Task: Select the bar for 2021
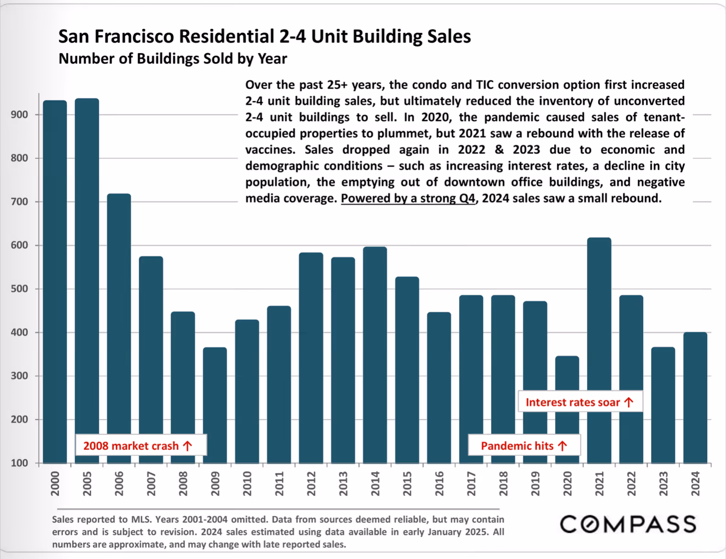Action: (599, 350)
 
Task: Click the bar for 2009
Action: (215, 405)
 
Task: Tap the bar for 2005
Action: (87, 281)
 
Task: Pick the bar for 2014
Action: (375, 355)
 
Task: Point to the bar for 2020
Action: (567, 410)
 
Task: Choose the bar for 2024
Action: (695, 398)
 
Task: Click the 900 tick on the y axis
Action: (19, 115)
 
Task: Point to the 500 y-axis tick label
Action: (19, 289)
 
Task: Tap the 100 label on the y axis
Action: (19, 463)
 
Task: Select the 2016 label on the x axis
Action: (439, 484)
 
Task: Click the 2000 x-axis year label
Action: (55, 484)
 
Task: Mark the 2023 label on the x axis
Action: (663, 484)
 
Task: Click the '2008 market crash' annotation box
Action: (141, 445)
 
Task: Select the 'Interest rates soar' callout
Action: (580, 402)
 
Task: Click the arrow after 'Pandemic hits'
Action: (563, 446)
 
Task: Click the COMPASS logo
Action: (628, 524)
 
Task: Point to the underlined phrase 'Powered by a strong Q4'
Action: (408, 199)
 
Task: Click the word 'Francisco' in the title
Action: (134, 36)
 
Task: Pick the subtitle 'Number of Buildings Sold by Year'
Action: (173, 59)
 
